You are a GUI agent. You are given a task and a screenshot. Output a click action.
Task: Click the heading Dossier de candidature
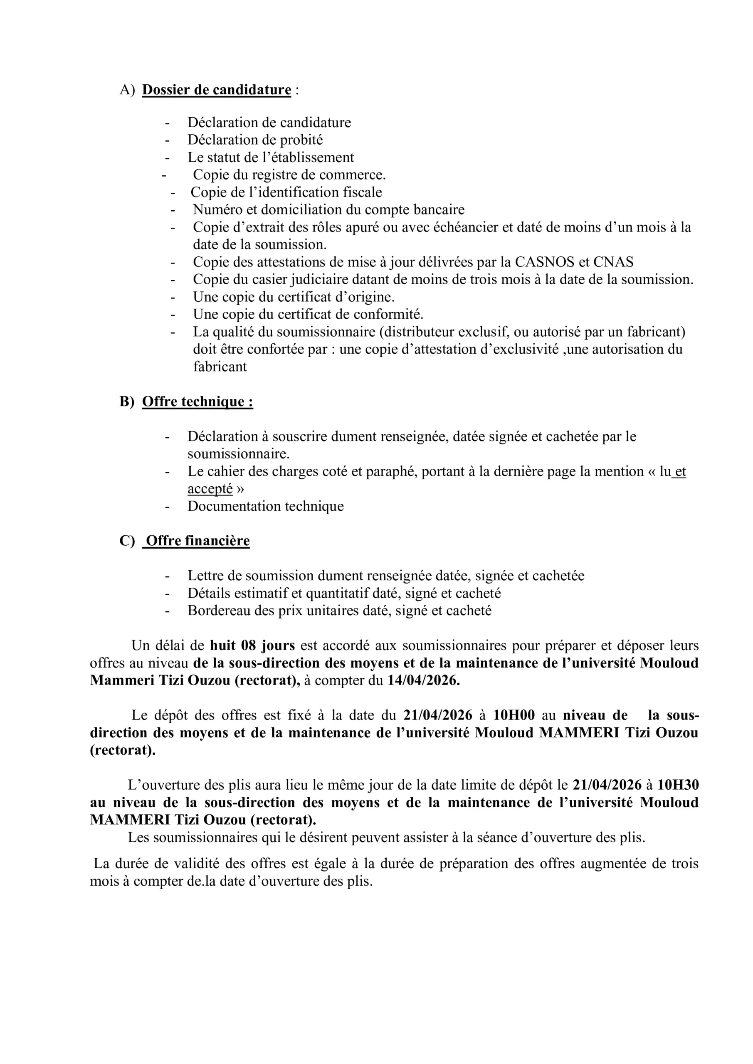[x=217, y=89]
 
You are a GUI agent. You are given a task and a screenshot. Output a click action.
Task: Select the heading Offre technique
[x=197, y=401]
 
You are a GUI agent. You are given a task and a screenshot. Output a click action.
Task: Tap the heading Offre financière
[x=198, y=541]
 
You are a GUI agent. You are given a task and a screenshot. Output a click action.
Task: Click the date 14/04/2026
[x=424, y=681]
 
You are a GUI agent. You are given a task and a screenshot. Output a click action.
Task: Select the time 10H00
[x=514, y=715]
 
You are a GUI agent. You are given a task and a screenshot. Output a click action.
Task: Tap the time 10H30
[x=678, y=785]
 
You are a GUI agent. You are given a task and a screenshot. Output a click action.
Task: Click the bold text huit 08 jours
[x=252, y=645]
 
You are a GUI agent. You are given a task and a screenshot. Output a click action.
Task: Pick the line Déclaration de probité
[x=255, y=140]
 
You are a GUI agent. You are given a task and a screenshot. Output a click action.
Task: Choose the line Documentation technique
[x=266, y=506]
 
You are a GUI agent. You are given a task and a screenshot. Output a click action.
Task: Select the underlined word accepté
[x=210, y=489]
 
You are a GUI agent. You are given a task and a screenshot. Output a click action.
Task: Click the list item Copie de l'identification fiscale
[x=286, y=192]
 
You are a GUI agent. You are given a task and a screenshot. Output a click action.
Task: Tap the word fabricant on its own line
[x=220, y=367]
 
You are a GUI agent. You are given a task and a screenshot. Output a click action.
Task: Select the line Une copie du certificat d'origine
[x=294, y=297]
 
